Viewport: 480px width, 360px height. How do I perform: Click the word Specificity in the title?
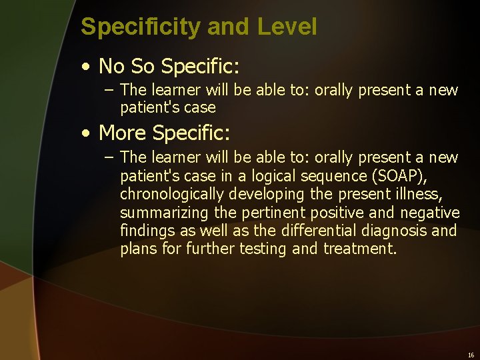pyautogui.click(x=141, y=27)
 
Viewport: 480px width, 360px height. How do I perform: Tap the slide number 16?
pyautogui.click(x=471, y=355)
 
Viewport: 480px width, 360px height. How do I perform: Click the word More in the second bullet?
pyautogui.click(x=123, y=133)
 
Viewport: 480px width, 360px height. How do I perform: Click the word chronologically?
pyautogui.click(x=172, y=195)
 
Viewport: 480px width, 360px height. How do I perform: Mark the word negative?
pyautogui.click(x=430, y=213)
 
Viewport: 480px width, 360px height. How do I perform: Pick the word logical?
pyautogui.click(x=274, y=176)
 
